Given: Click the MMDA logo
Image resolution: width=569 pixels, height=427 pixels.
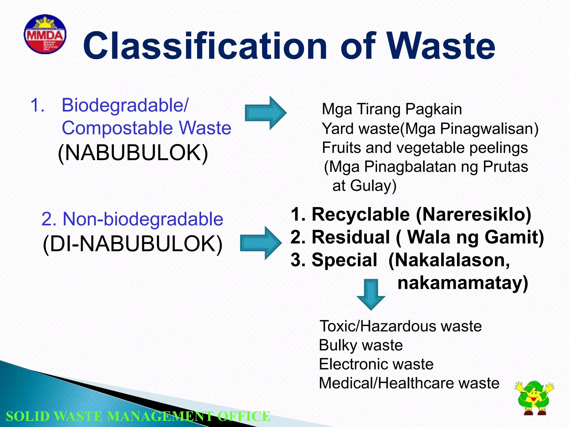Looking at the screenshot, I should pos(45,34).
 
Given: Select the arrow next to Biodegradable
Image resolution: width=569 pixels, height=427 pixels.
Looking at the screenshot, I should pos(265,113).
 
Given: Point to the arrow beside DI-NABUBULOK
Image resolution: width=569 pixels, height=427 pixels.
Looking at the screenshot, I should pos(261,243).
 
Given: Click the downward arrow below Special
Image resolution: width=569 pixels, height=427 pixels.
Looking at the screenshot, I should pos(371,294).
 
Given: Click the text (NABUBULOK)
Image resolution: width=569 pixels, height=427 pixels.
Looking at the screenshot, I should pos(133,153).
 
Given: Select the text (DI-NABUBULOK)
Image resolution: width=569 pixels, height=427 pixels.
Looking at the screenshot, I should pos(133,244).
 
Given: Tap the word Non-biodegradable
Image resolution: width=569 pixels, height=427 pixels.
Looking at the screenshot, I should pos(143,219).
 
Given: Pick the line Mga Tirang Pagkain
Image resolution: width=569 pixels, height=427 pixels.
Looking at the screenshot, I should pos(392,109).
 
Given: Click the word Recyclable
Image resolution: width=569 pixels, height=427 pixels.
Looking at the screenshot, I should pos(360,215).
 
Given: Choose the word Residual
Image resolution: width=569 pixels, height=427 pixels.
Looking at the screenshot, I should pos(351,237).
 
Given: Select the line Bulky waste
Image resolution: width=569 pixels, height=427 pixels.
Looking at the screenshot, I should pos(361,345).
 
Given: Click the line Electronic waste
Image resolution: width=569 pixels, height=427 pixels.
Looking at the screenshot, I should pos(376,364).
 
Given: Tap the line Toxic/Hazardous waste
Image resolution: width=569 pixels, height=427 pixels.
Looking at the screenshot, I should pos(400,326).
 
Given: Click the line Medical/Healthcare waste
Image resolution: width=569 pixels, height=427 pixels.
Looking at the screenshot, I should pos(409,383).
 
